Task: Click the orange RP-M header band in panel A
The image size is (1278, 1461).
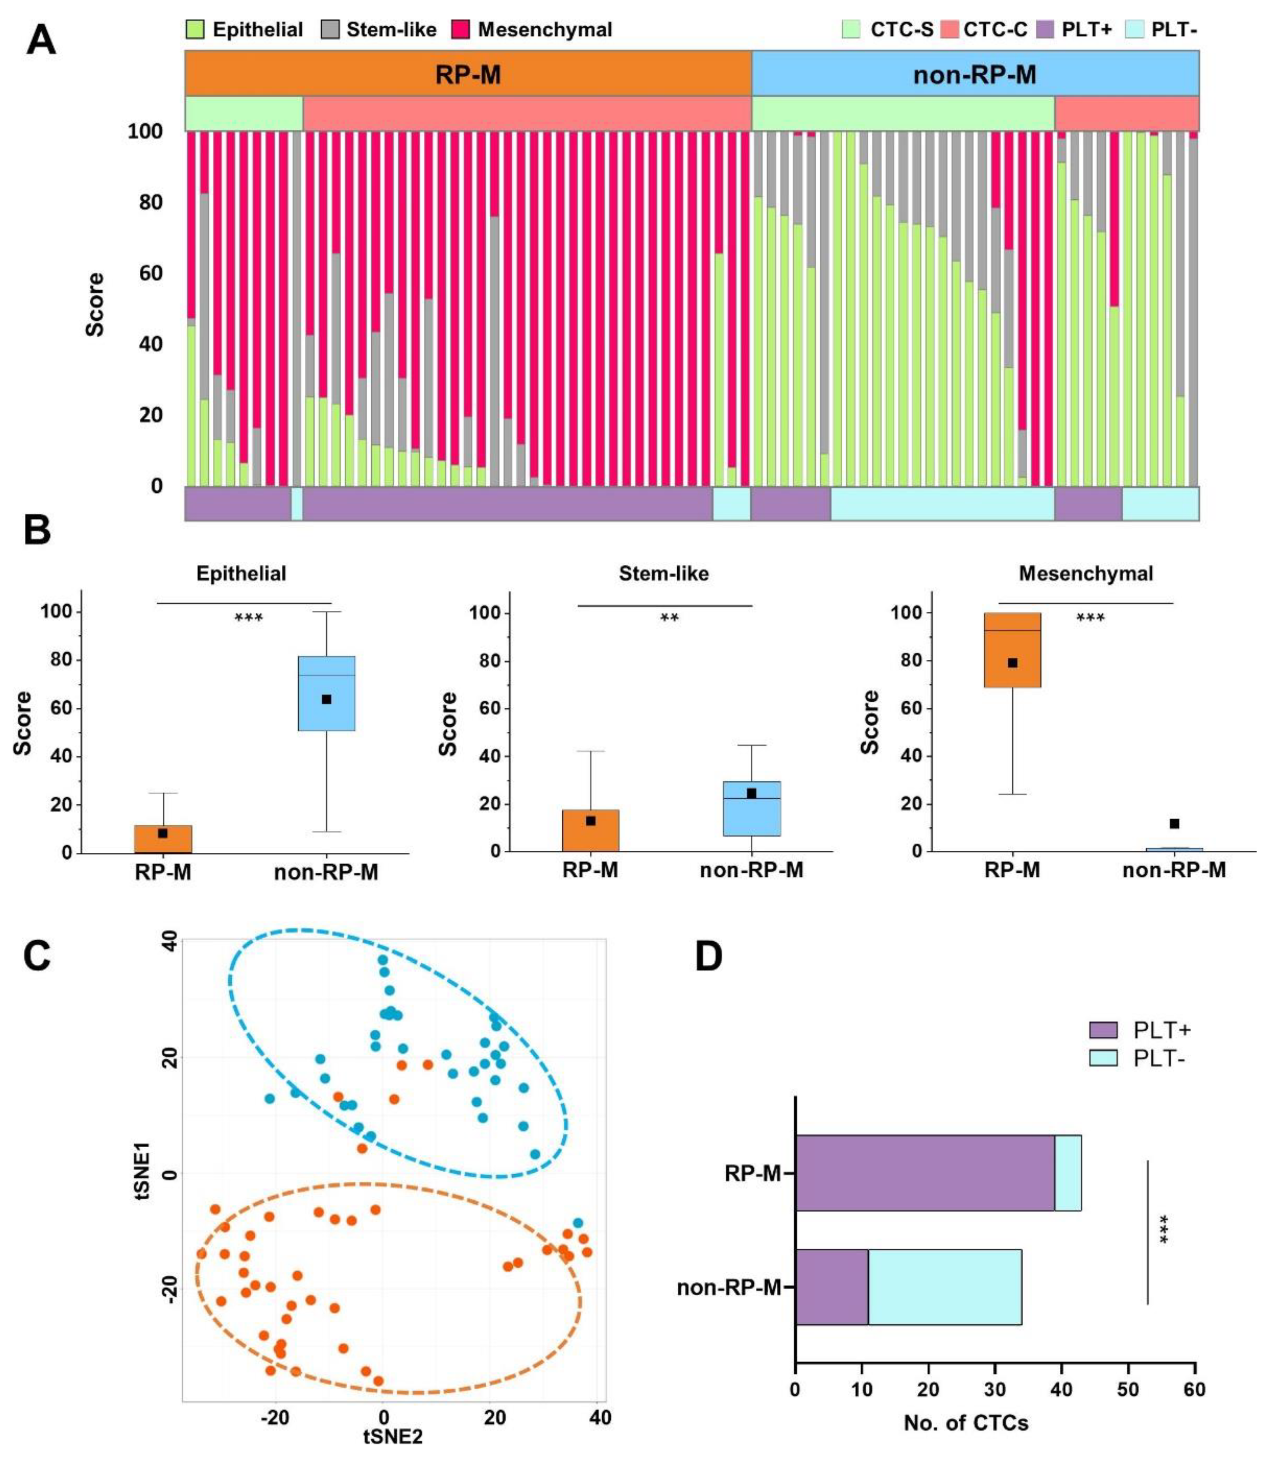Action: click(468, 73)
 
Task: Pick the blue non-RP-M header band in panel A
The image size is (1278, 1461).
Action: click(974, 73)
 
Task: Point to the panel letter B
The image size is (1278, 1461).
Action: click(37, 531)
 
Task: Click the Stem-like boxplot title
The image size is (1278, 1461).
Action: click(663, 573)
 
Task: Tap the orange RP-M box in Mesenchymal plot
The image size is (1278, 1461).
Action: click(1012, 650)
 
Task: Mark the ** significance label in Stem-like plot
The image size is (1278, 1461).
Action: click(669, 618)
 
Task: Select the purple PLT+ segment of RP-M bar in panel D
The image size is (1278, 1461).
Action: click(924, 1173)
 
